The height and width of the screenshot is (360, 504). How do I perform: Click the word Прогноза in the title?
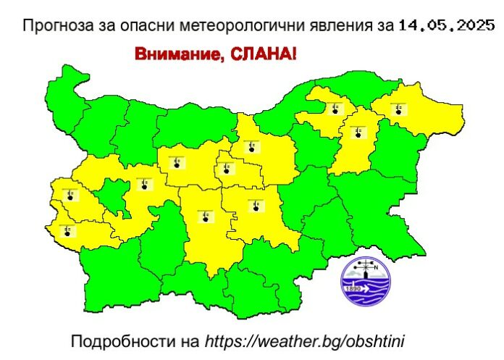(x=51, y=27)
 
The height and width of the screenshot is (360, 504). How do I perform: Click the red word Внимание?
(x=172, y=54)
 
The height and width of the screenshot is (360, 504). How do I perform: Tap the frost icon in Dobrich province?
(x=398, y=109)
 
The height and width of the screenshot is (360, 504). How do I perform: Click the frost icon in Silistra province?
(x=334, y=109)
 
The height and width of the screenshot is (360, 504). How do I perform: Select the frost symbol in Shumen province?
(x=358, y=133)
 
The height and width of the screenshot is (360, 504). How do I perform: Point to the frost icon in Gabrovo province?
(x=227, y=170)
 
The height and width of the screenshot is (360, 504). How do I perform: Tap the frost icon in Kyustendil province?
(x=67, y=231)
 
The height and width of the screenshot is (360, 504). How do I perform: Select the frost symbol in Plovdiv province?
(x=206, y=216)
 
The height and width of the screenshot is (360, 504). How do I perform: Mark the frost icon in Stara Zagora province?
(x=255, y=206)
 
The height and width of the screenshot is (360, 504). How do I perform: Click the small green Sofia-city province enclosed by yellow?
(x=112, y=193)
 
